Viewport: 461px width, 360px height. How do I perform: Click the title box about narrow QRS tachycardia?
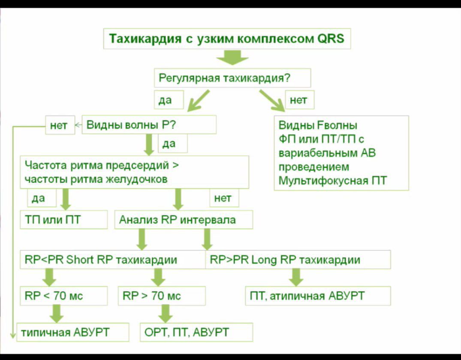[x=226, y=39]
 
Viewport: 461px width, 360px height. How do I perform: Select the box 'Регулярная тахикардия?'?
[x=232, y=79]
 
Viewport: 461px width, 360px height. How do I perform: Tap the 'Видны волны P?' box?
[x=148, y=125]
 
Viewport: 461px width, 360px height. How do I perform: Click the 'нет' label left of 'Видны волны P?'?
[x=59, y=126]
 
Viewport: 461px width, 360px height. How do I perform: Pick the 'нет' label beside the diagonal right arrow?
[x=298, y=100]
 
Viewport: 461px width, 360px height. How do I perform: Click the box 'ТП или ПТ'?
[x=63, y=220]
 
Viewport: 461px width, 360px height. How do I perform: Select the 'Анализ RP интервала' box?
[x=183, y=220]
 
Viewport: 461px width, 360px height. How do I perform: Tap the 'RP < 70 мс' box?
[x=63, y=296]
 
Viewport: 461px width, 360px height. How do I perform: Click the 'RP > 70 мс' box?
[x=161, y=296]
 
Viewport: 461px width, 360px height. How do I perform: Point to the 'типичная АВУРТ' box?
[x=73, y=332]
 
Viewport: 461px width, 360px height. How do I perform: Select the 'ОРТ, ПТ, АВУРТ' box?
[x=196, y=332]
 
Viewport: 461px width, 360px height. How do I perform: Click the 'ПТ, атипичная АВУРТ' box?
[x=317, y=296]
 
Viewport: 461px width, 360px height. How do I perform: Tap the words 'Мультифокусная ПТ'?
[x=332, y=181]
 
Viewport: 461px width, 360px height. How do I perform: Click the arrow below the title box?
[x=232, y=57]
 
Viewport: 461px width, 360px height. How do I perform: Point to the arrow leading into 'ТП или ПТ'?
[x=66, y=199]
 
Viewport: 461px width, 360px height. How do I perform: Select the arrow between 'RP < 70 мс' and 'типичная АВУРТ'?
[x=56, y=313]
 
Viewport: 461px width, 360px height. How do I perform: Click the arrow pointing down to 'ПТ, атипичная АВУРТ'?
[x=295, y=278]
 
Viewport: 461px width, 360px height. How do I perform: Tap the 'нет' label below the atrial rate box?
[x=223, y=198]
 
